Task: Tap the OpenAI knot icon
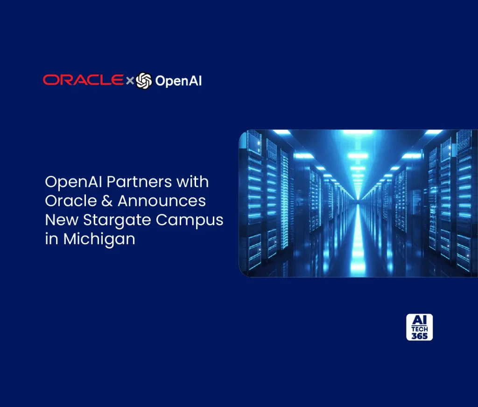(x=144, y=81)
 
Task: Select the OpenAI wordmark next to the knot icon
(x=178, y=81)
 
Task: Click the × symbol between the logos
(x=130, y=81)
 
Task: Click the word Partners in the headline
(x=139, y=182)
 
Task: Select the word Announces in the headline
(x=162, y=201)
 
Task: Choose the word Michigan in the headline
(x=99, y=239)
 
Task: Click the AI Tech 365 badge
(x=419, y=327)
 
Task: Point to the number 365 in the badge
(x=419, y=336)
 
